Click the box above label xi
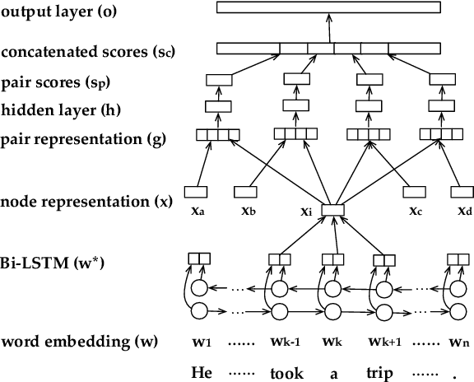point(332,211)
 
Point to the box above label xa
point(195,192)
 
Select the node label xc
point(416,211)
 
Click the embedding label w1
point(200,341)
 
